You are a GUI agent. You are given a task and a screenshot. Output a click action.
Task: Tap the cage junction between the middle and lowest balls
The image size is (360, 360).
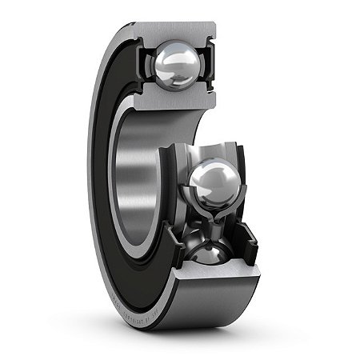click(209, 224)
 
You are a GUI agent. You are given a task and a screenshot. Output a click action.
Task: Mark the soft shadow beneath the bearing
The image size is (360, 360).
click(240, 324)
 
